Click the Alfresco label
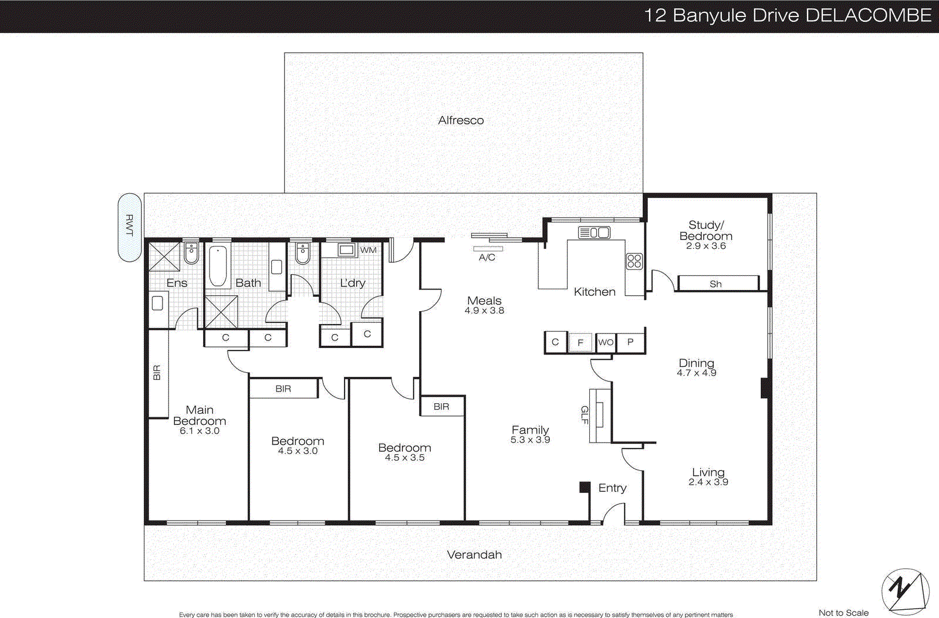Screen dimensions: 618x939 pyautogui.click(x=461, y=120)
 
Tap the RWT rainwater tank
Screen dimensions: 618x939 pyautogui.click(x=130, y=227)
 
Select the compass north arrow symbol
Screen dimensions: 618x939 pyautogui.click(x=905, y=591)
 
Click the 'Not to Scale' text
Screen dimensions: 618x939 pyautogui.click(x=843, y=613)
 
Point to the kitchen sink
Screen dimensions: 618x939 pyautogui.click(x=595, y=232)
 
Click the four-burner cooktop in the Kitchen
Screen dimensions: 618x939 pyautogui.click(x=634, y=261)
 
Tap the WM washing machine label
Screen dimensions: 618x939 pyautogui.click(x=368, y=250)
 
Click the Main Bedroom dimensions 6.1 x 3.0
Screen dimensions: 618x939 pyautogui.click(x=200, y=431)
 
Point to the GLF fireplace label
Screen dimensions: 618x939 pyautogui.click(x=585, y=415)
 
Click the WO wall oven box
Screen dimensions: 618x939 pyautogui.click(x=606, y=342)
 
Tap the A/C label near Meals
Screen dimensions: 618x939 pyautogui.click(x=487, y=257)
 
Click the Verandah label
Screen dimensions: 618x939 pyautogui.click(x=474, y=555)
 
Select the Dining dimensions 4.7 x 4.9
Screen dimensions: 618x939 pyautogui.click(x=696, y=373)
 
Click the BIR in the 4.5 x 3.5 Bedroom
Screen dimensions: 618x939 pyautogui.click(x=442, y=406)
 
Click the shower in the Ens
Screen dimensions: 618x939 pyautogui.click(x=164, y=256)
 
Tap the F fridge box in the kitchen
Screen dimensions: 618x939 pyautogui.click(x=580, y=343)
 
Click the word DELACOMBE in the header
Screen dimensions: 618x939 pyautogui.click(x=868, y=15)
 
